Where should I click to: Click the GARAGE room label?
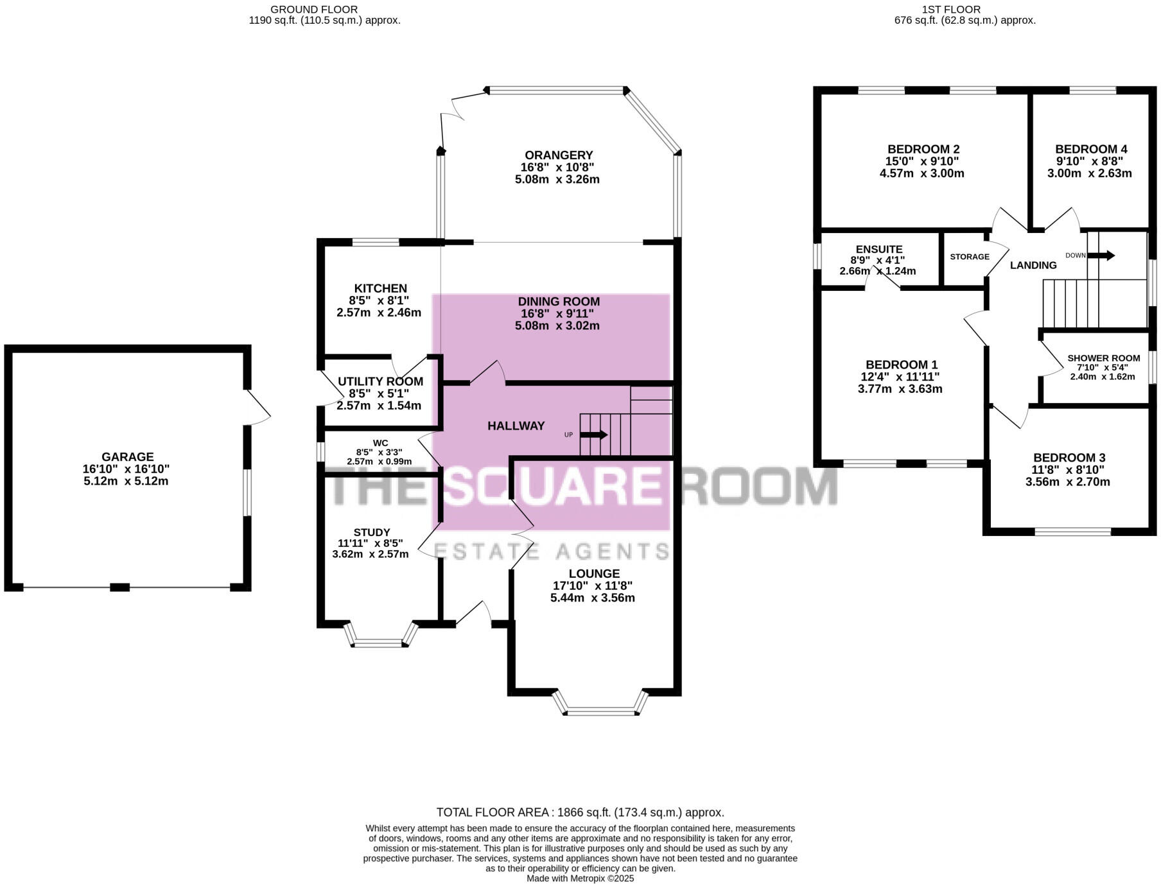[x=127, y=457]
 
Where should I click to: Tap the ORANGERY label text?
[x=558, y=155]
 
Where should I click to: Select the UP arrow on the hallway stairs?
[x=594, y=435]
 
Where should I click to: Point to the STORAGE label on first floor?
[x=969, y=257]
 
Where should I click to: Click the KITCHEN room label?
[x=380, y=288]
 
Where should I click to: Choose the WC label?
[x=380, y=443]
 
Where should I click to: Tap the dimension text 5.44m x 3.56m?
[x=592, y=598]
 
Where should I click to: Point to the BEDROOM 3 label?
[x=1069, y=457]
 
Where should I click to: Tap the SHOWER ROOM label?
[x=1103, y=358]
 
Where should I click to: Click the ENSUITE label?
[x=878, y=249]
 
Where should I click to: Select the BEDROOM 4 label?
[x=1090, y=149]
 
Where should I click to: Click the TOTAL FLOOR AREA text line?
[x=580, y=812]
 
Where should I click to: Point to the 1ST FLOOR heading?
[x=950, y=9]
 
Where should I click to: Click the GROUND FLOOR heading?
[x=314, y=9]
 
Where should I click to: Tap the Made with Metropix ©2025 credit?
[x=580, y=878]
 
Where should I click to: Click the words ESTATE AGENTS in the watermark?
[x=551, y=551]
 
